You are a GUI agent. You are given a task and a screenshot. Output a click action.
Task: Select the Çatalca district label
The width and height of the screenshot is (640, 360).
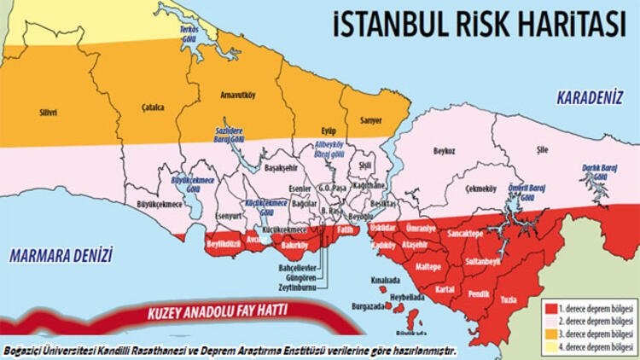152,107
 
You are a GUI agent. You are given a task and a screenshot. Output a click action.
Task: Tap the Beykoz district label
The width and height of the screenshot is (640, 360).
444,149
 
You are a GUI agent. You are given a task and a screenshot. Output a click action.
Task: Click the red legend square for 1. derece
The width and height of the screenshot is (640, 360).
550,305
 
